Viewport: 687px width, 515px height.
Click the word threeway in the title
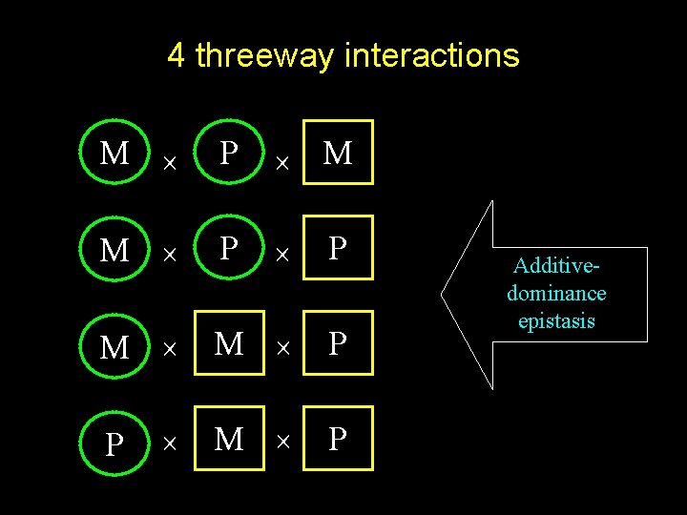(264, 55)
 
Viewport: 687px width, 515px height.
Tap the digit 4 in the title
(176, 55)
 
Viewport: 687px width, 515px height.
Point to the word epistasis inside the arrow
(556, 320)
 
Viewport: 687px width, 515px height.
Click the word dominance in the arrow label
(556, 294)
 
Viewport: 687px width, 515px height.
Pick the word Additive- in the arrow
(556, 267)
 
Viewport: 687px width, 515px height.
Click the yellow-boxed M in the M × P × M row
(338, 153)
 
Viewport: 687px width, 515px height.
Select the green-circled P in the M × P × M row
(228, 153)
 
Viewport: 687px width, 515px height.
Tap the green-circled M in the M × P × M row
(114, 153)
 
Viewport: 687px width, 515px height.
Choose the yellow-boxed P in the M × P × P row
(338, 248)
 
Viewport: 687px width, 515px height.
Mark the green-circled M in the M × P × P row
(114, 249)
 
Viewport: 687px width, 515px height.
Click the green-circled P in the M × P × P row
(228, 248)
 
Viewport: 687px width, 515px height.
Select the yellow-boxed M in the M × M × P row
(228, 343)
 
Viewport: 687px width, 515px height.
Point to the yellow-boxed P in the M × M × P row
(338, 343)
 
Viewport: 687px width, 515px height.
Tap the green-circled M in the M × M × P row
(114, 347)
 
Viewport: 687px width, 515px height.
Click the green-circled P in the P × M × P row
(114, 443)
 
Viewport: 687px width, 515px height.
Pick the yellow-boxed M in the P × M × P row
(228, 439)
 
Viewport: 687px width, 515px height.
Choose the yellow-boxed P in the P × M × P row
(338, 439)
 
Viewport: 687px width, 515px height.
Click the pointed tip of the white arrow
(443, 294)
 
